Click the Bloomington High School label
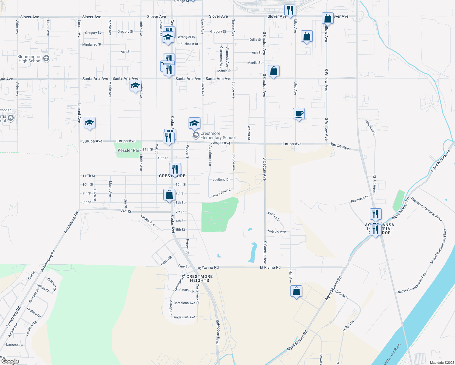pos(30,59)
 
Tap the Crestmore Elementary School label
pos(218,136)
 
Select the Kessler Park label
pos(129,150)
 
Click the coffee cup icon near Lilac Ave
pos(299,114)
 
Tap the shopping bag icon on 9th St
pos(169,195)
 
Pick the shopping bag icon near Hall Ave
pos(296,291)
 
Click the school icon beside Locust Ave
pos(89,123)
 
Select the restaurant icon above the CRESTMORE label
pos(175,169)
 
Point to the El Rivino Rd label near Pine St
pos(208,268)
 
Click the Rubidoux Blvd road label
pos(217,332)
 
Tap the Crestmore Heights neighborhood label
pos(200,279)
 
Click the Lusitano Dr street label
pos(221,179)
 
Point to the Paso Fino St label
pos(222,193)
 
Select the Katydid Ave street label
pos(277,231)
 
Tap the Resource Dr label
pos(359,199)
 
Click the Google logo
pos(10,361)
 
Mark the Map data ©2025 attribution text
pos(441,363)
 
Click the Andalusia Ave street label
pos(184,317)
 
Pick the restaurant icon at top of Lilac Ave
pos(290,10)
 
